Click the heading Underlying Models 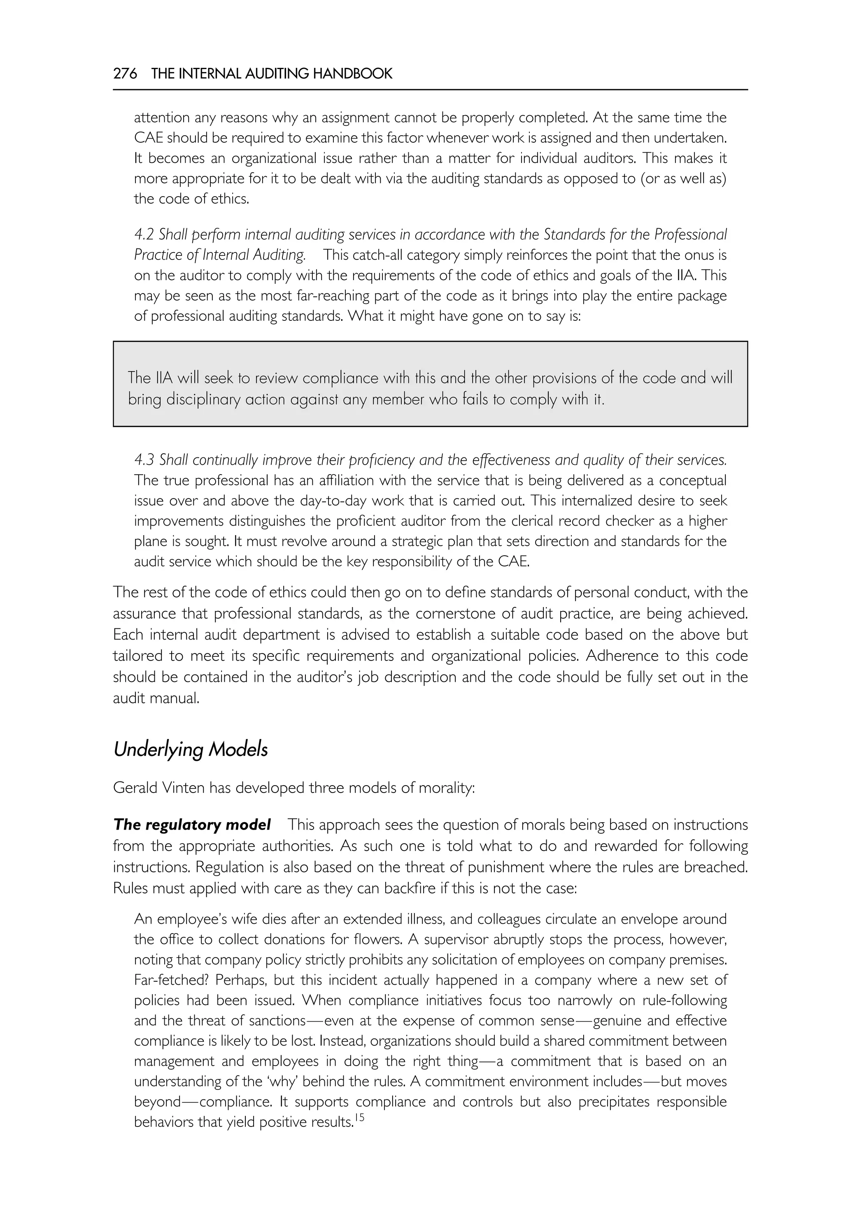191,749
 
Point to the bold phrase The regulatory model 192,825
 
